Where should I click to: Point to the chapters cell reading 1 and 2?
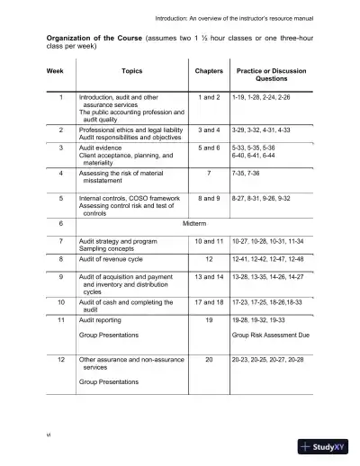click(208, 95)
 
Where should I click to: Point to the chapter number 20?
click(208, 360)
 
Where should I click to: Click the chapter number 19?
click(208, 319)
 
